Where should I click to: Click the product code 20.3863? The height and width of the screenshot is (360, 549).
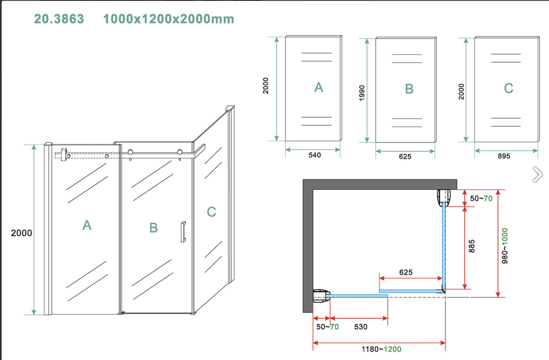(x=59, y=19)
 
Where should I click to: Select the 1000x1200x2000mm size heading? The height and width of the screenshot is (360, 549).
(x=168, y=19)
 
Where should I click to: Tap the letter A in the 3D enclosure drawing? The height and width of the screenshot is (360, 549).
(x=87, y=225)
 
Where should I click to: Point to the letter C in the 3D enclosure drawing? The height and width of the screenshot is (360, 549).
(x=211, y=212)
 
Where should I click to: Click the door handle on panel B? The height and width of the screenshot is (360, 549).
(x=183, y=232)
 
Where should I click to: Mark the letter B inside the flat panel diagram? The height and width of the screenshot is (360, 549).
(x=409, y=89)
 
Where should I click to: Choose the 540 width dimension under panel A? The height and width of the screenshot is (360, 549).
(x=315, y=155)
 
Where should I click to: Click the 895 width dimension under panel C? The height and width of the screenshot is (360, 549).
(x=504, y=156)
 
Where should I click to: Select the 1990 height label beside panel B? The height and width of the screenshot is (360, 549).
(x=362, y=93)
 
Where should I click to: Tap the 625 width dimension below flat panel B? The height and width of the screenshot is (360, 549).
(x=405, y=157)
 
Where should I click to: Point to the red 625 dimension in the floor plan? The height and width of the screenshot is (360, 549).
(x=406, y=272)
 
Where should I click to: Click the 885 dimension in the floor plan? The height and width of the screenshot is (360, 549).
(x=471, y=246)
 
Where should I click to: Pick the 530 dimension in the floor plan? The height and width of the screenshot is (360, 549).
(x=361, y=327)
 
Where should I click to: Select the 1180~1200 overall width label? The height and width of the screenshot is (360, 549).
(x=381, y=349)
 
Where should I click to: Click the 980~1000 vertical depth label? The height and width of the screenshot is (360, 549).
(x=505, y=246)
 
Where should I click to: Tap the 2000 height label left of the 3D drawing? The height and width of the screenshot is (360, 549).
(x=21, y=233)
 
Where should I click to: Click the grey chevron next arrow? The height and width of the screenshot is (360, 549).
(x=537, y=174)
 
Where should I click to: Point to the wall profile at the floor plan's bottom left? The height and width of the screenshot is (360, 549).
(x=321, y=296)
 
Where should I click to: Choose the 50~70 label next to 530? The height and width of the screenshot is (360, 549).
(x=327, y=327)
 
